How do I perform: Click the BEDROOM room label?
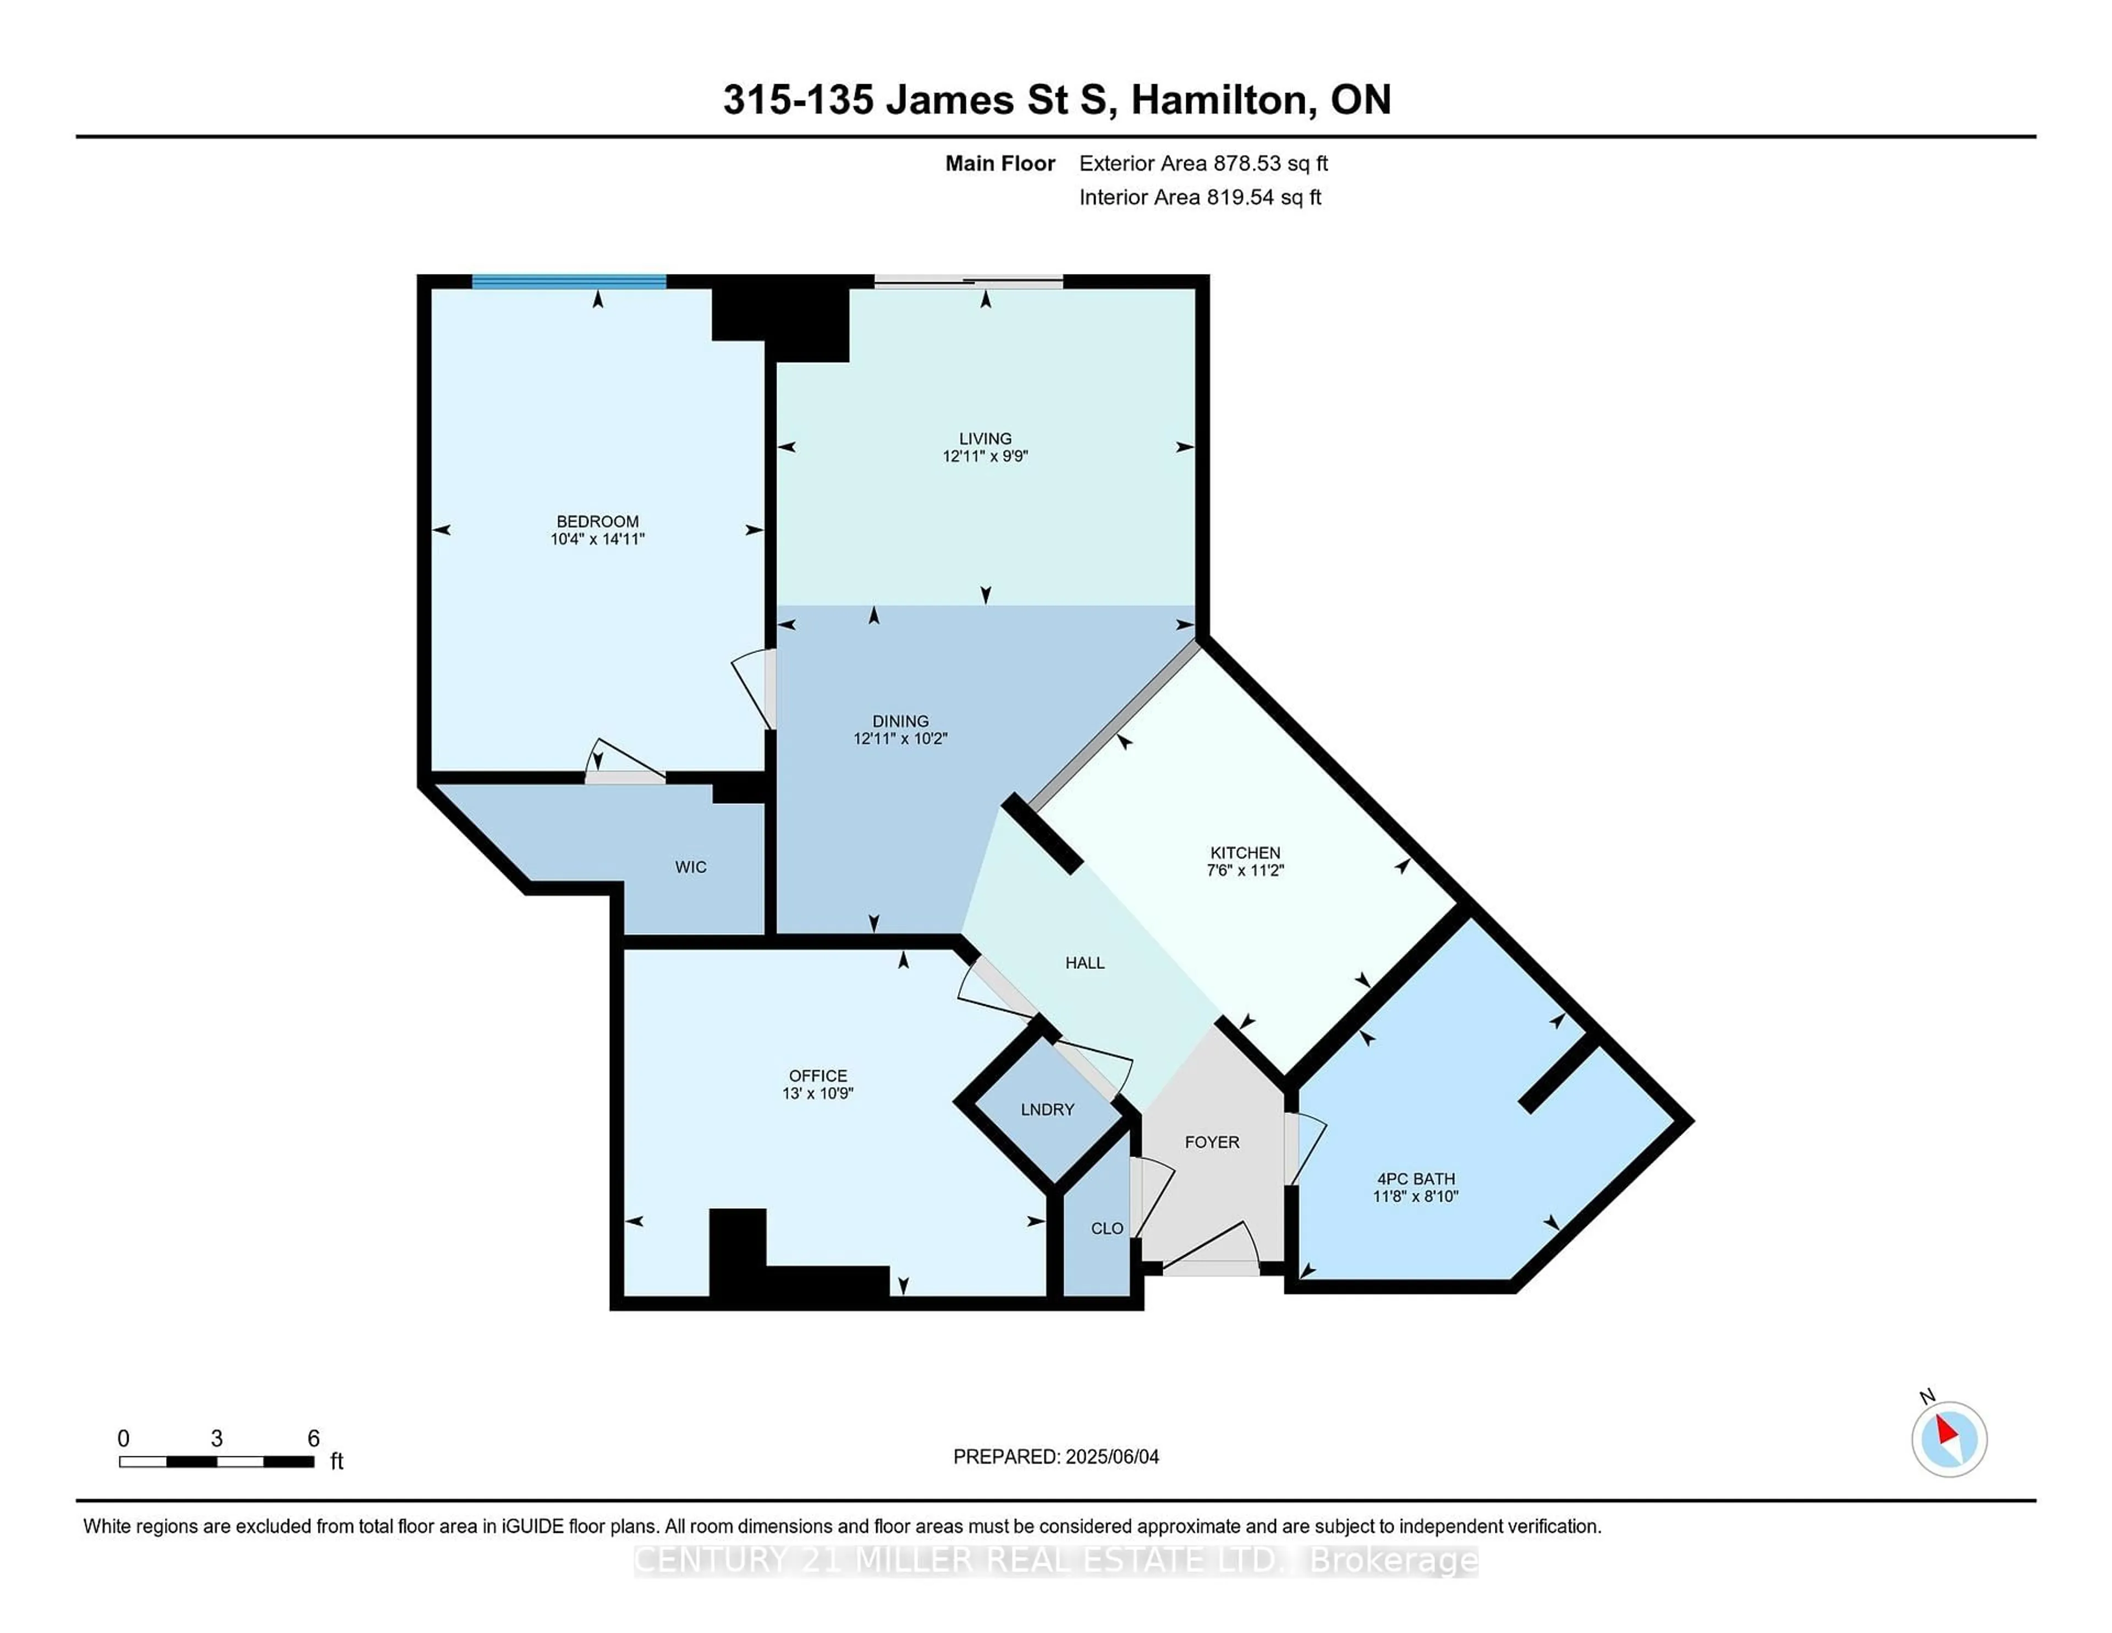tap(597, 522)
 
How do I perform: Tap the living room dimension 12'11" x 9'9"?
tap(985, 456)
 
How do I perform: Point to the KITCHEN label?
tap(1245, 852)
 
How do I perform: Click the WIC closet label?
tap(690, 867)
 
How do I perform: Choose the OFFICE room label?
tap(817, 1076)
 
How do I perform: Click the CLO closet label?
tap(1106, 1229)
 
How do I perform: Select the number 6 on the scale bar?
tap(313, 1439)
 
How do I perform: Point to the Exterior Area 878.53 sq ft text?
tap(1203, 163)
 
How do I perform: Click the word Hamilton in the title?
tap(1222, 100)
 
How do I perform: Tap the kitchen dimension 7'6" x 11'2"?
tap(1245, 870)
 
